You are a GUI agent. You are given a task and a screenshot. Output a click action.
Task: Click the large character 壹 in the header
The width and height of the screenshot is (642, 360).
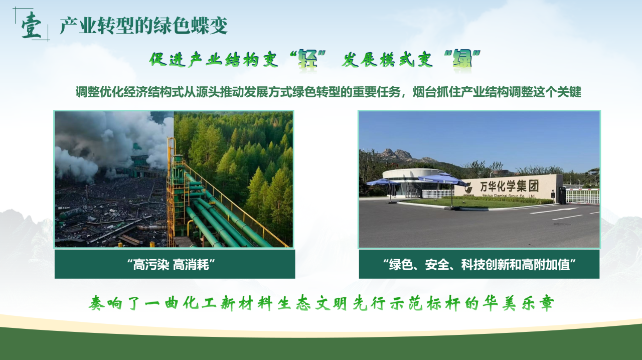coord(32,25)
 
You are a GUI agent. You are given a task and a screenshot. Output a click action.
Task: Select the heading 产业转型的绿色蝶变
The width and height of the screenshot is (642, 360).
coord(143,26)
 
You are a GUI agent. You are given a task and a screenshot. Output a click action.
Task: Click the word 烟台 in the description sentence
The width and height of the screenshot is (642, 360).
coord(424,92)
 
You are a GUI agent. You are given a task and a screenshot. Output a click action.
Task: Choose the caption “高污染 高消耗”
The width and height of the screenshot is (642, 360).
coord(171,264)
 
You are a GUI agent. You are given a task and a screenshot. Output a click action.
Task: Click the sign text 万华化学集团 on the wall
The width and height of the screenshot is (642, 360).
coord(509,187)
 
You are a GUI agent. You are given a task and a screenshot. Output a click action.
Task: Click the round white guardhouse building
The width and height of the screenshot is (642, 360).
coord(410,183)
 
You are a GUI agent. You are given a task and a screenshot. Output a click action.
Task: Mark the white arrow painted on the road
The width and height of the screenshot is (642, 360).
coord(555,211)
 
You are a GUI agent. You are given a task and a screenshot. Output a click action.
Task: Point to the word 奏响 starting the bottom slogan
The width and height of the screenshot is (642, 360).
coord(105,303)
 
